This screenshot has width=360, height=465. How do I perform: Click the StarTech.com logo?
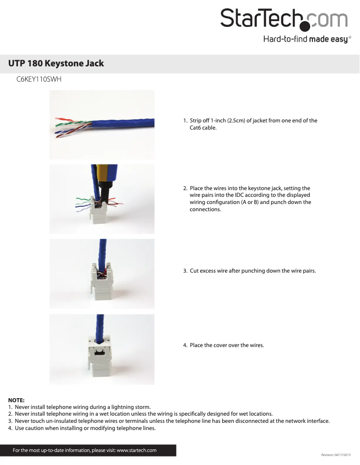click(x=284, y=19)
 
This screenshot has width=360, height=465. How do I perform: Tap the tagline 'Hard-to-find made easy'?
click(x=305, y=39)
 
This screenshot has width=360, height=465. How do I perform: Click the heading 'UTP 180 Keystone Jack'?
click(x=56, y=63)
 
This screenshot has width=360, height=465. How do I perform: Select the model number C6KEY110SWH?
click(x=39, y=80)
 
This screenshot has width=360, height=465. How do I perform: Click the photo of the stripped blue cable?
click(x=102, y=125)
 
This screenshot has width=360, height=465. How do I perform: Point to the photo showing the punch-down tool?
click(x=102, y=199)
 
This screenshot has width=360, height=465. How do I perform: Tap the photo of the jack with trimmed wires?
click(x=102, y=274)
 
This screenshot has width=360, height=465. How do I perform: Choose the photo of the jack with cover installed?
click(x=102, y=349)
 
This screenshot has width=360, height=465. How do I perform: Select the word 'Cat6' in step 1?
click(x=196, y=128)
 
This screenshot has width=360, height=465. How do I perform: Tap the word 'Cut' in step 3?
click(x=195, y=271)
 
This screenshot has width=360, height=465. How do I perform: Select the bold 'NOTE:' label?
click(x=16, y=400)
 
